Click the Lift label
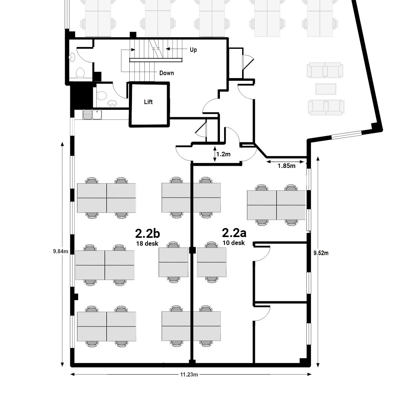(148, 102)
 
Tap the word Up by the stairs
(193, 50)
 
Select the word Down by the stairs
(167, 73)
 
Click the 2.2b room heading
(147, 234)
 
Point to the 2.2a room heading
(234, 233)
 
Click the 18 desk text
(147, 243)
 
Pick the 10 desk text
(233, 243)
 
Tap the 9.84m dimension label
(61, 251)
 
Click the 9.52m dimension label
(321, 253)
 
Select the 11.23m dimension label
(189, 375)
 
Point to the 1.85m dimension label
(286, 166)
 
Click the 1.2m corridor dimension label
(223, 154)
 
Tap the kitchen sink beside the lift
(92, 115)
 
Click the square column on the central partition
(192, 250)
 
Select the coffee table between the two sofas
(326, 89)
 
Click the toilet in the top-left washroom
(80, 73)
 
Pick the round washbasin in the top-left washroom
(72, 57)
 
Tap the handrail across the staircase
(156, 60)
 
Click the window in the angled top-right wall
(346, 135)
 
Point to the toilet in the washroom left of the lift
(102, 95)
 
